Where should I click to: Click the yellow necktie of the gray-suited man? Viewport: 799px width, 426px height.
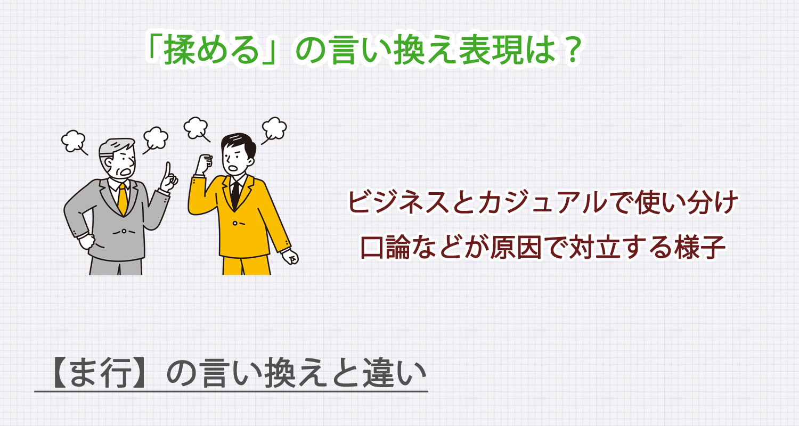coord(123,198)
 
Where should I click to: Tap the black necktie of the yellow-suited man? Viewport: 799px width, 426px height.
coord(235,194)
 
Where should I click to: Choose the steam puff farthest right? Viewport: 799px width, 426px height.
coord(274,128)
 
